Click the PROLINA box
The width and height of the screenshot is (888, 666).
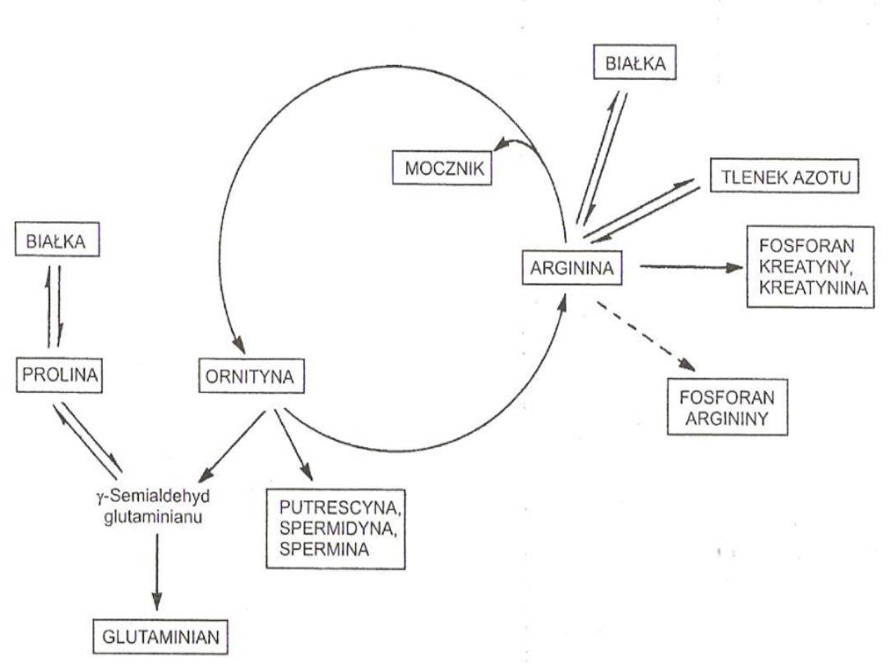point(60,377)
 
